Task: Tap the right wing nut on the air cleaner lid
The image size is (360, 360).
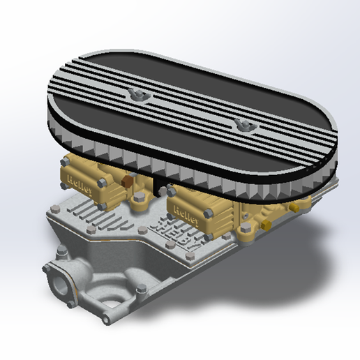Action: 244,123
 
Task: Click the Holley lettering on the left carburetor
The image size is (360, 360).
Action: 74,180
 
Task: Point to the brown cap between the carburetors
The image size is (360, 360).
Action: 128,183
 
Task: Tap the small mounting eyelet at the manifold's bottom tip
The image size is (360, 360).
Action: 105,320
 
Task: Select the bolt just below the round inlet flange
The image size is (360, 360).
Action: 70,303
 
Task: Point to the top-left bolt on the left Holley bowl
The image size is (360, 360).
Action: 65,163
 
